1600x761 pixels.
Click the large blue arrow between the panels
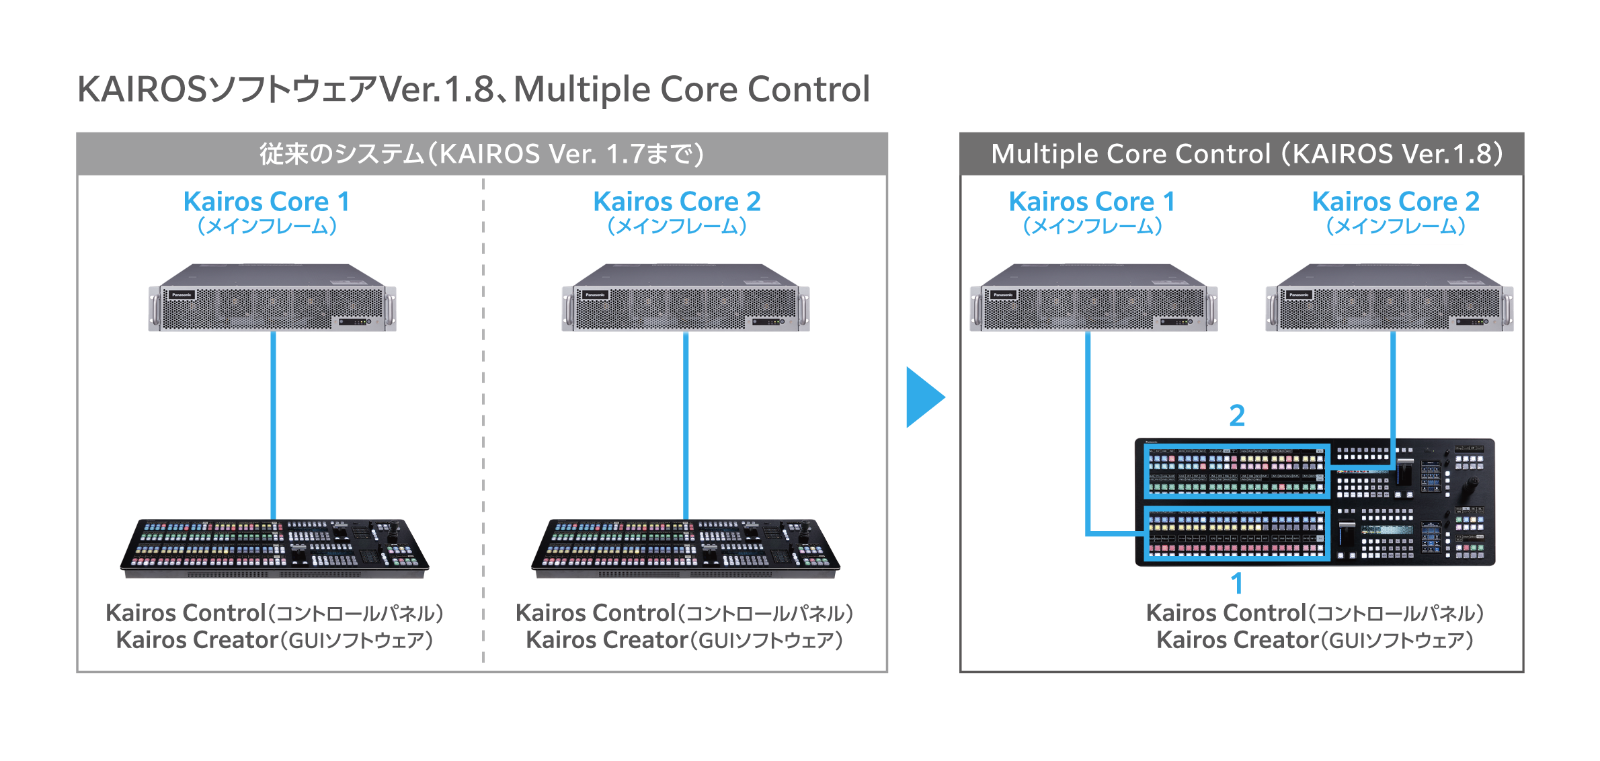pos(922,397)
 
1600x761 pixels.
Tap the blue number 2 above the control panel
pos(1237,415)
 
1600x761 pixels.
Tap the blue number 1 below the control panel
pos(1236,583)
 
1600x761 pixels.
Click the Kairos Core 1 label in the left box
pos(266,202)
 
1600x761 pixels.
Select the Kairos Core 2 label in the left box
pos(676,202)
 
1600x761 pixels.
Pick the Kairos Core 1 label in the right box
pos(1092,202)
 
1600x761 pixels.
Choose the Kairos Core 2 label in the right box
pos(1396,202)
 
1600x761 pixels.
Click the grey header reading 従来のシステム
pos(481,154)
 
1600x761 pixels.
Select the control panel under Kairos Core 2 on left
pos(685,547)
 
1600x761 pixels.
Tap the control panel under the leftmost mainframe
pos(274,547)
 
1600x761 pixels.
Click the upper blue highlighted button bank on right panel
pos(1236,471)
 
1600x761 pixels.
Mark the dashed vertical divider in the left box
pos(483,417)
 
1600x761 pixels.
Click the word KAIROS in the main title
pos(142,89)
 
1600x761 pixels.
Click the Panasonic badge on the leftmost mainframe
pos(182,295)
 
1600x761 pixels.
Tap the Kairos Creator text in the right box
pos(1236,640)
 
